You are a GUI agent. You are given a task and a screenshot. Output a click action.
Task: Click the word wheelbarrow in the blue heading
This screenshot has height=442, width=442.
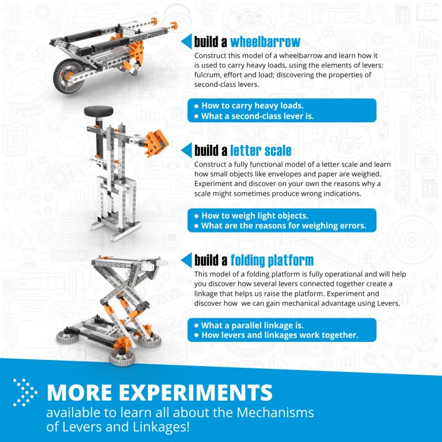pyautogui.click(x=265, y=42)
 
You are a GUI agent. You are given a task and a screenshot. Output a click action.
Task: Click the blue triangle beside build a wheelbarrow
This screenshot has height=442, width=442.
pyautogui.click(x=186, y=42)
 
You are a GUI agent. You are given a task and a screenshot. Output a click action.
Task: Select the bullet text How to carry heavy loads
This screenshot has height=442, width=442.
pyautogui.click(x=252, y=105)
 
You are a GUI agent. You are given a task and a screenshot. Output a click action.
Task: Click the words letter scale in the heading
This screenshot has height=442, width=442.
pyautogui.click(x=261, y=151)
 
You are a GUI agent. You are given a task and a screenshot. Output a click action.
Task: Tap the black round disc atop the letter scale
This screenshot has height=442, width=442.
pyautogui.click(x=93, y=112)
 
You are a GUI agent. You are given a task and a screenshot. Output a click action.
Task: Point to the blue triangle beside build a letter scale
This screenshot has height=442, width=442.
pyautogui.click(x=186, y=151)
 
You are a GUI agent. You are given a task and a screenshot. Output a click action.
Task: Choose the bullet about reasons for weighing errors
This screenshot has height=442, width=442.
pyautogui.click(x=283, y=226)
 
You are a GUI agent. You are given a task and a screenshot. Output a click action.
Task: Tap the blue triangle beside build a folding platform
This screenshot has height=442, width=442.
pyautogui.click(x=186, y=260)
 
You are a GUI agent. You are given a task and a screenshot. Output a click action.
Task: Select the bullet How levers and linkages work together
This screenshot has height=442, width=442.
pyautogui.click(x=280, y=335)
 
